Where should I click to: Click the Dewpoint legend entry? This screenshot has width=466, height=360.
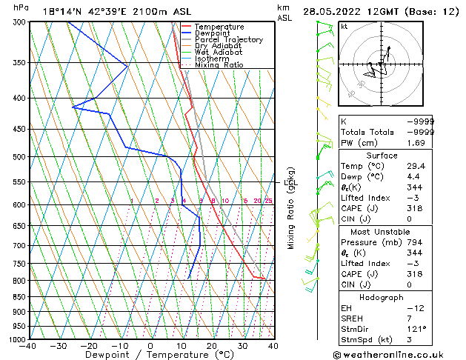pyautogui.click(x=218, y=33)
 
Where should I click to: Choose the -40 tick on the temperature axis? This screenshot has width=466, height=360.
pyautogui.click(x=28, y=345)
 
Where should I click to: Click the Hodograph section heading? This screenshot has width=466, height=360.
pyautogui.click(x=382, y=297)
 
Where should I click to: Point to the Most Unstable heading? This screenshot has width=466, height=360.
pyautogui.click(x=382, y=232)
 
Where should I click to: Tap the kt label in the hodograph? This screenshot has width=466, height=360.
pyautogui.click(x=344, y=25)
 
